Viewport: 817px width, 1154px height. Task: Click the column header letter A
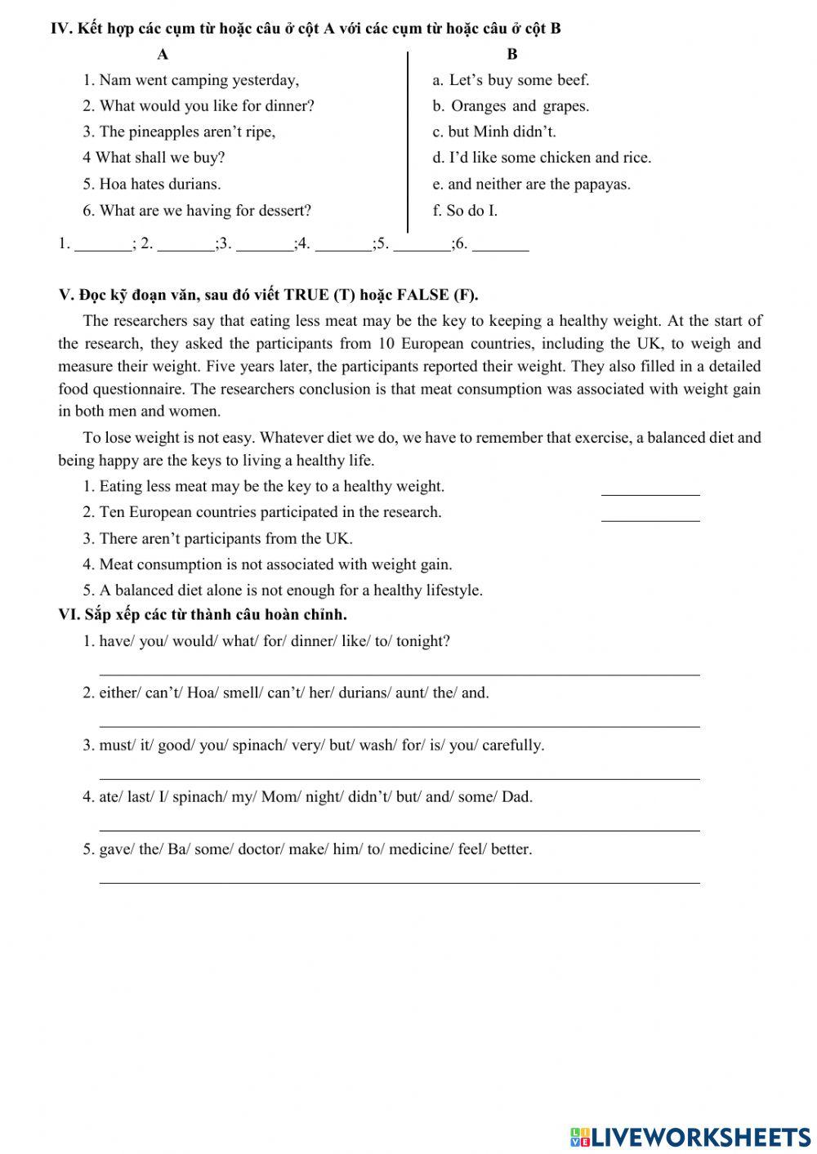(x=163, y=55)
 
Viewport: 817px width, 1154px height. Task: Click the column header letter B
(x=512, y=55)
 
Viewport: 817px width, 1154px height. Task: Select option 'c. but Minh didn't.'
(x=493, y=131)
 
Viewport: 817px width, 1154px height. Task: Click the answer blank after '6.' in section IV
(x=501, y=243)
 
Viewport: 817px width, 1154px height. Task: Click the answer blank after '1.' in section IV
(x=102, y=243)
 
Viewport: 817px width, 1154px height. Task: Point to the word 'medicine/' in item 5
(x=421, y=849)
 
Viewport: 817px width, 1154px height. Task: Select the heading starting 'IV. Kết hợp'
(x=306, y=29)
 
